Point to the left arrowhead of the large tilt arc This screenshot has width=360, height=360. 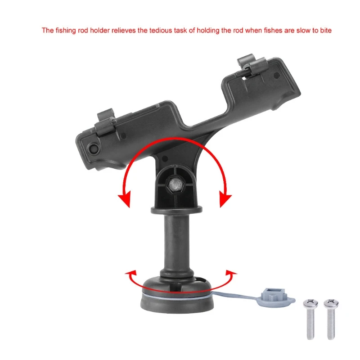[x=125, y=198]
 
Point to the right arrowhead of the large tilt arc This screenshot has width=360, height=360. [x=225, y=198]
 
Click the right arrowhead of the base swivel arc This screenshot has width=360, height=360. [x=231, y=273]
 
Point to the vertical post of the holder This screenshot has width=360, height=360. [x=175, y=243]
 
